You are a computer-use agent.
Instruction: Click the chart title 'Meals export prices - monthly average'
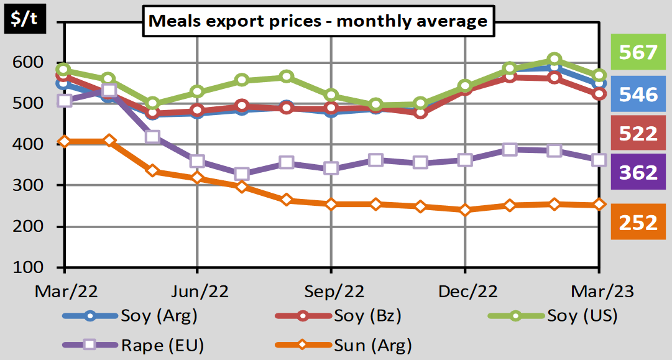pyautogui.click(x=317, y=21)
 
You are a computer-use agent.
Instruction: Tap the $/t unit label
pyautogui.click(x=23, y=21)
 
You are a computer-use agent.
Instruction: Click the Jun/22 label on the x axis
pyautogui.click(x=198, y=292)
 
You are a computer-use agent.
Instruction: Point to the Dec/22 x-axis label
pyautogui.click(x=465, y=292)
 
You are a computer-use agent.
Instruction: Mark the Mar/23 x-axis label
pyautogui.click(x=599, y=292)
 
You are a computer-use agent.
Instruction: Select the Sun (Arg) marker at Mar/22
pyautogui.click(x=65, y=142)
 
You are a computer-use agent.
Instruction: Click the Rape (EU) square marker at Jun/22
pyautogui.click(x=197, y=162)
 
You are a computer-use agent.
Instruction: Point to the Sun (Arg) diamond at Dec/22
pyautogui.click(x=465, y=210)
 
